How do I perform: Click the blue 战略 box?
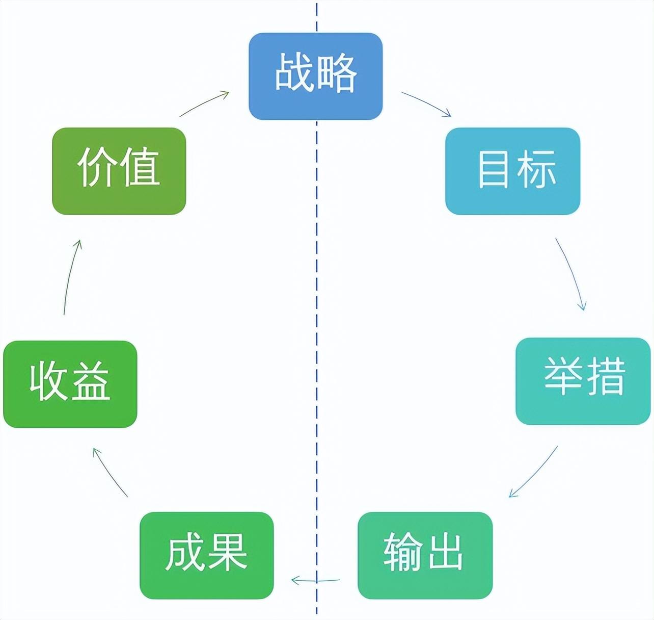(315, 76)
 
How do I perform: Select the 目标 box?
(512, 171)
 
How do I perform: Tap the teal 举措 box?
(583, 380)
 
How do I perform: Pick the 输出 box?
(425, 555)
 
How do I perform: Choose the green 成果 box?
(206, 555)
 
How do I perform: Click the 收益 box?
(70, 383)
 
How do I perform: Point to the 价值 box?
(119, 171)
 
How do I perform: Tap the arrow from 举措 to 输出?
(534, 472)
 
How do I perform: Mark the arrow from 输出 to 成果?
(316, 580)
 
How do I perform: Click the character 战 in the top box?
(294, 74)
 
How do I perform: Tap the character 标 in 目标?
(536, 169)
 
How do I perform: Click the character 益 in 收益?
(91, 381)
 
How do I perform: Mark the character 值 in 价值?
(139, 168)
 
